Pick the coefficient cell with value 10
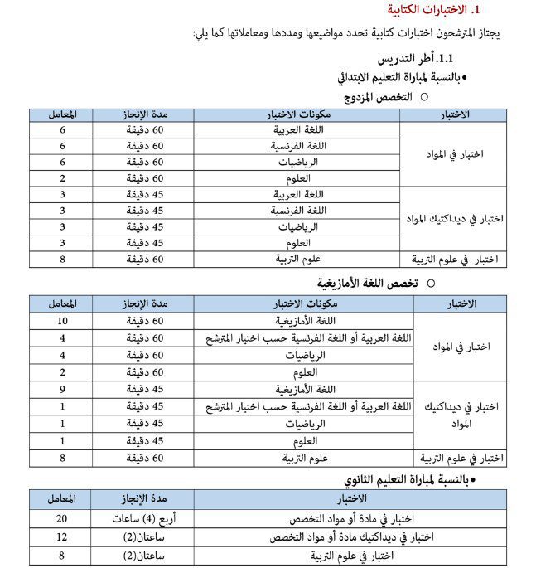click(62, 321)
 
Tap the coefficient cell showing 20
click(61, 519)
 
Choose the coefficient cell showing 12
click(61, 537)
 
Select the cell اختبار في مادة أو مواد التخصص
click(350, 519)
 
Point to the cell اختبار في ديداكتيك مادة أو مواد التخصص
click(350, 537)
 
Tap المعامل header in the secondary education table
click(61, 499)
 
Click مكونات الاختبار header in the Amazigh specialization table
click(298, 303)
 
